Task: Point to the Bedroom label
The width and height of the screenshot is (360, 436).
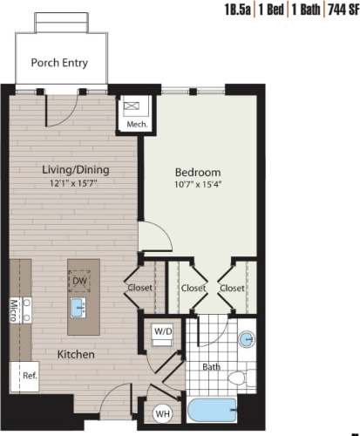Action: tap(198, 172)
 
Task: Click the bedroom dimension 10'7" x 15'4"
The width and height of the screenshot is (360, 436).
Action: tap(198, 185)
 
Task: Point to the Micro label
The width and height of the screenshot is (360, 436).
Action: tap(15, 309)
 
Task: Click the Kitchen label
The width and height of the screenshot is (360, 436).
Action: tap(76, 355)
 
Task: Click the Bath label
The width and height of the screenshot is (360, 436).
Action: tap(212, 367)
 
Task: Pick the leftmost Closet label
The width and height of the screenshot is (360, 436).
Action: tap(139, 287)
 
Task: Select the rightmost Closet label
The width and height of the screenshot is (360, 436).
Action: tap(231, 287)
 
